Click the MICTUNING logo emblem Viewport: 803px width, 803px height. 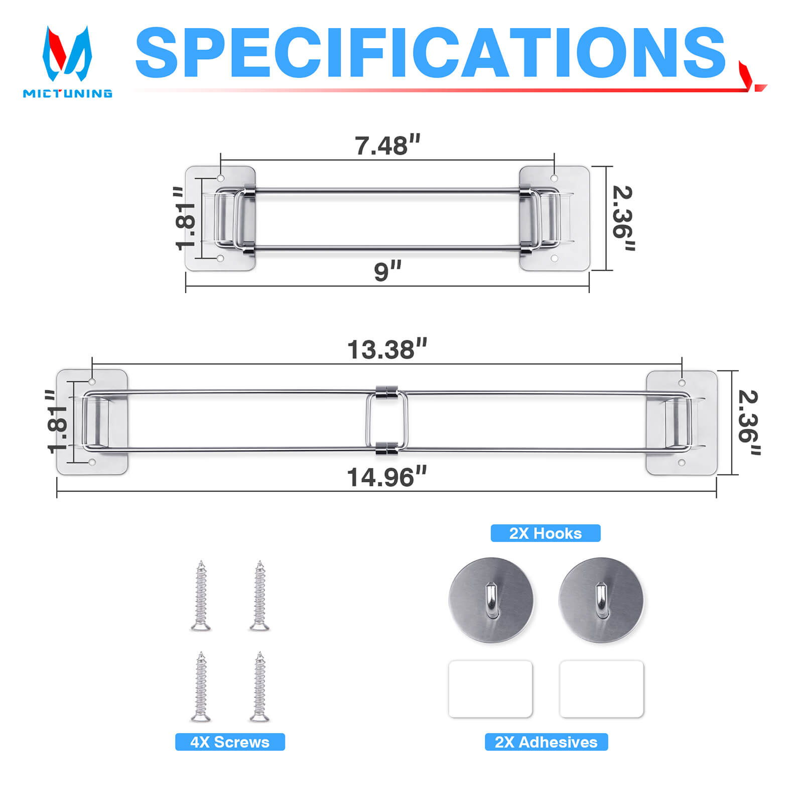click(67, 54)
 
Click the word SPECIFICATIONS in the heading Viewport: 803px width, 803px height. click(431, 53)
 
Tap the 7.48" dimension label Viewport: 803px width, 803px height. click(387, 146)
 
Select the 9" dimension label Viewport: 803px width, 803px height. click(387, 271)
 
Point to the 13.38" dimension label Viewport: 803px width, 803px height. click(387, 349)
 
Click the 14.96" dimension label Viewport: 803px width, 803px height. click(387, 477)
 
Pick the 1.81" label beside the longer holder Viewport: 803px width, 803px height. click(57, 422)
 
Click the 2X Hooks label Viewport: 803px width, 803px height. click(546, 533)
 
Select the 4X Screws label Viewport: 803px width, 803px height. click(230, 742)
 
